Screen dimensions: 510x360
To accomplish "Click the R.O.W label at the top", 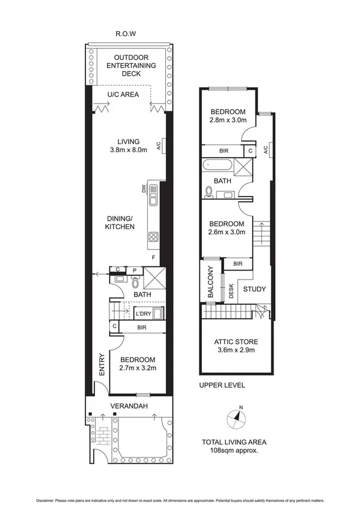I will coord(125,34).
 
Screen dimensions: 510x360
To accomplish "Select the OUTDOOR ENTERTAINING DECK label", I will coord(131,65).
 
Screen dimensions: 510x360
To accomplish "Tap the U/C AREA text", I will coord(123,94).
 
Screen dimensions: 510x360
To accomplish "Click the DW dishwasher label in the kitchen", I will coord(144,189).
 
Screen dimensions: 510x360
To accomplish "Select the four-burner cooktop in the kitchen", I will coord(153,237).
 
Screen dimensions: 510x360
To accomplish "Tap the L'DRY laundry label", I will coord(142,314).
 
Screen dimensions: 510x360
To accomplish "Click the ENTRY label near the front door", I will coord(102,364).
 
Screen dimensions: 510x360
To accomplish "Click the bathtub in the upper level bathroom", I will coord(215,164).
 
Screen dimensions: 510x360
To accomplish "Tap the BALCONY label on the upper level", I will coord(210,283).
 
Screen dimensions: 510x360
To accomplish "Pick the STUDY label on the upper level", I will coord(254,289).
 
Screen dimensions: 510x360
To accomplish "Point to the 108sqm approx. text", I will coord(234,450).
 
